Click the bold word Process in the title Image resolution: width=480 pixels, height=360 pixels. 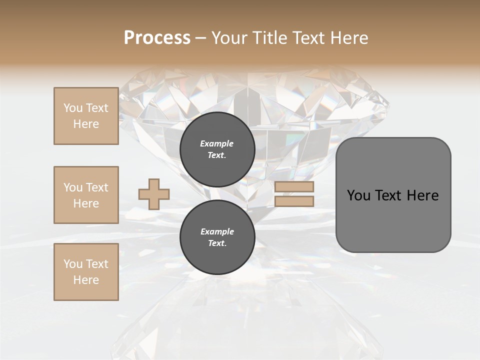[157, 38]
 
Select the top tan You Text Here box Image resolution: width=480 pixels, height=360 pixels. [86, 116]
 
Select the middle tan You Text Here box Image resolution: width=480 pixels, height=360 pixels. [86, 195]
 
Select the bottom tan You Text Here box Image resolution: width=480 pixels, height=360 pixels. [86, 272]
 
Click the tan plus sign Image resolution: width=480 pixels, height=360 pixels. [154, 194]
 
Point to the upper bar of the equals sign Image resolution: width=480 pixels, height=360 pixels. [294, 187]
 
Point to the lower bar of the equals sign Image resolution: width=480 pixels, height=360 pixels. [294, 201]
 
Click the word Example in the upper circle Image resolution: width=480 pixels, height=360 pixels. [217, 143]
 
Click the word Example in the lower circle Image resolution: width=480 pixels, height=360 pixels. [217, 231]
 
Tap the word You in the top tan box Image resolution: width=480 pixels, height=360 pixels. [73, 108]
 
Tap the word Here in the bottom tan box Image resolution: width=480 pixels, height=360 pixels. [86, 280]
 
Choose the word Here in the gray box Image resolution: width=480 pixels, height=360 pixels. [423, 195]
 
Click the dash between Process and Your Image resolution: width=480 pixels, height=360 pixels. [201, 38]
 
